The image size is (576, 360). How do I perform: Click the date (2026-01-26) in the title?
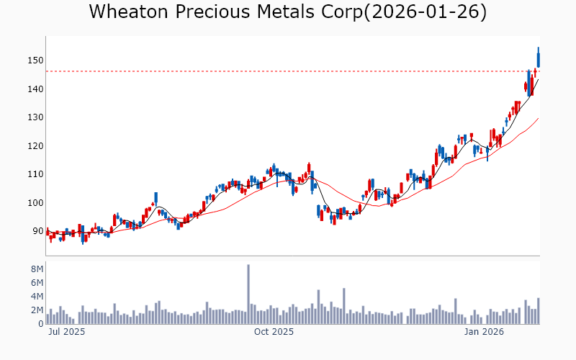click(x=425, y=12)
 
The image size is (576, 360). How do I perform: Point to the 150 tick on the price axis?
click(x=35, y=60)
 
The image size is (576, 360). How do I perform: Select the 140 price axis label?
click(x=35, y=89)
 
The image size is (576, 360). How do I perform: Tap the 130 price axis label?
click(x=35, y=117)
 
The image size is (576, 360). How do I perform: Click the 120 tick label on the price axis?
click(x=35, y=146)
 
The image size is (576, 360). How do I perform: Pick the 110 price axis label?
click(x=35, y=174)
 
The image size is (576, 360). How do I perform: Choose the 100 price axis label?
click(x=35, y=203)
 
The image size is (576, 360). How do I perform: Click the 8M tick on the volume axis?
click(x=36, y=269)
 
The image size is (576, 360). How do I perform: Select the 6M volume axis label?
click(x=36, y=283)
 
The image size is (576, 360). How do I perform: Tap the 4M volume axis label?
click(x=36, y=297)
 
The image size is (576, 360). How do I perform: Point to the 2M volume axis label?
click(x=36, y=310)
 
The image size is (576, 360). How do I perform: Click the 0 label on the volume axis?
click(x=40, y=324)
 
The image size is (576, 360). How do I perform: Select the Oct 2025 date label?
click(x=274, y=332)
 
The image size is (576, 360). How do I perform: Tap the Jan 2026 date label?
click(x=483, y=332)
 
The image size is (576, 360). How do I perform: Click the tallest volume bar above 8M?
click(x=248, y=294)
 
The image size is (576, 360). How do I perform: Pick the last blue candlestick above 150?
click(x=538, y=58)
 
